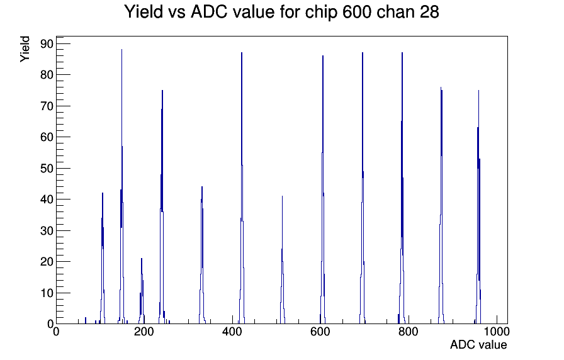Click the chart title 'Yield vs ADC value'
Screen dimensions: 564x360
[200, 12]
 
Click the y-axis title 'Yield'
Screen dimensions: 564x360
[25, 49]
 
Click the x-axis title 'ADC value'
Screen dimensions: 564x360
[478, 344]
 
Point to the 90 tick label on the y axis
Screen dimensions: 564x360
[47, 44]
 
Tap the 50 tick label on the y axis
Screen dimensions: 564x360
[47, 168]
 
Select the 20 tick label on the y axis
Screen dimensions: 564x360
[47, 261]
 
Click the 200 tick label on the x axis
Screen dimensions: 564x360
[144, 332]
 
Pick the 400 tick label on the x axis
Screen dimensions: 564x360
[232, 332]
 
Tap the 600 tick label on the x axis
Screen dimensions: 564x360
[320, 332]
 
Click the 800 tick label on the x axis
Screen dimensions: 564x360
[409, 332]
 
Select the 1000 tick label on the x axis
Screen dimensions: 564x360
[496, 332]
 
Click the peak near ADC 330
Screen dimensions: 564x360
[202, 256]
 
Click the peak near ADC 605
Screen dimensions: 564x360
[323, 189]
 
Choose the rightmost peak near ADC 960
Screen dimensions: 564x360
[478, 207]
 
